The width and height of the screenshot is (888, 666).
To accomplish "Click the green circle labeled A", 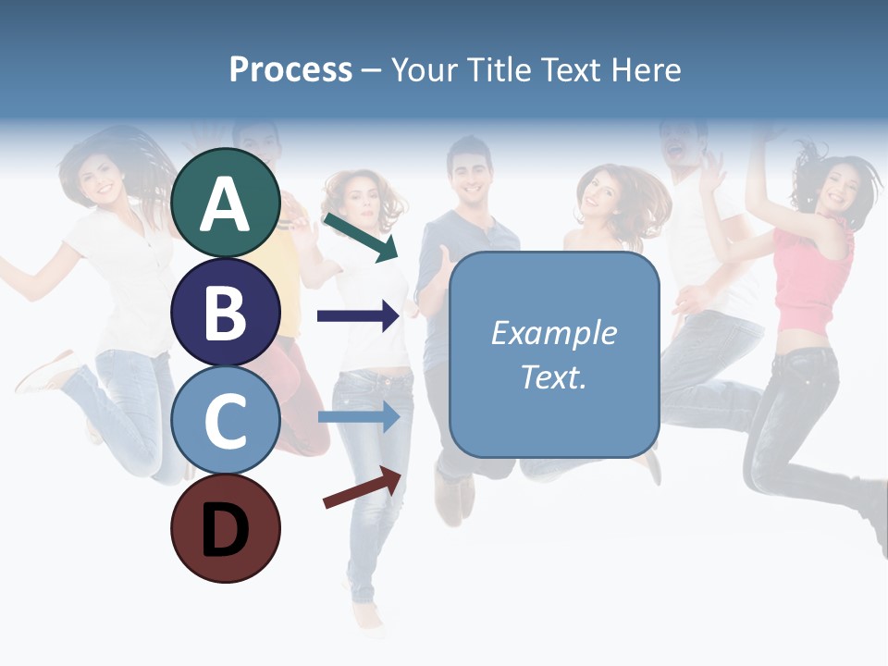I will click(x=226, y=203).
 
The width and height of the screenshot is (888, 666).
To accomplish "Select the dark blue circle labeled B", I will click(x=226, y=312).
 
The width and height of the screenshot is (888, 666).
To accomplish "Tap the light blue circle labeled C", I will click(x=226, y=420).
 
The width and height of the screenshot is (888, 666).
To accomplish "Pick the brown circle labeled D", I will click(x=226, y=528).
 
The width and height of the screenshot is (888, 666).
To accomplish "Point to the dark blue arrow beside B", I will click(x=358, y=316).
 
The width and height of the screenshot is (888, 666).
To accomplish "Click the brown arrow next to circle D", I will click(x=363, y=487).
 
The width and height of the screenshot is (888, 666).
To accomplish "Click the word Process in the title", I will click(x=290, y=69).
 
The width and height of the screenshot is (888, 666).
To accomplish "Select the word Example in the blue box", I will click(x=553, y=333).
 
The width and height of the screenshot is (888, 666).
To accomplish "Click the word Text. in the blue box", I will click(x=553, y=376).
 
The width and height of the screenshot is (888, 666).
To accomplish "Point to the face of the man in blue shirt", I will click(x=470, y=171).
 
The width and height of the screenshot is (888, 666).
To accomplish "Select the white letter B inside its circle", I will click(x=226, y=312).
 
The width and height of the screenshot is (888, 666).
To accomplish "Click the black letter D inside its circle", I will click(x=226, y=528).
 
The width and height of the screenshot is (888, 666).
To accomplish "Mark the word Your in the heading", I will click(x=424, y=69).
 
